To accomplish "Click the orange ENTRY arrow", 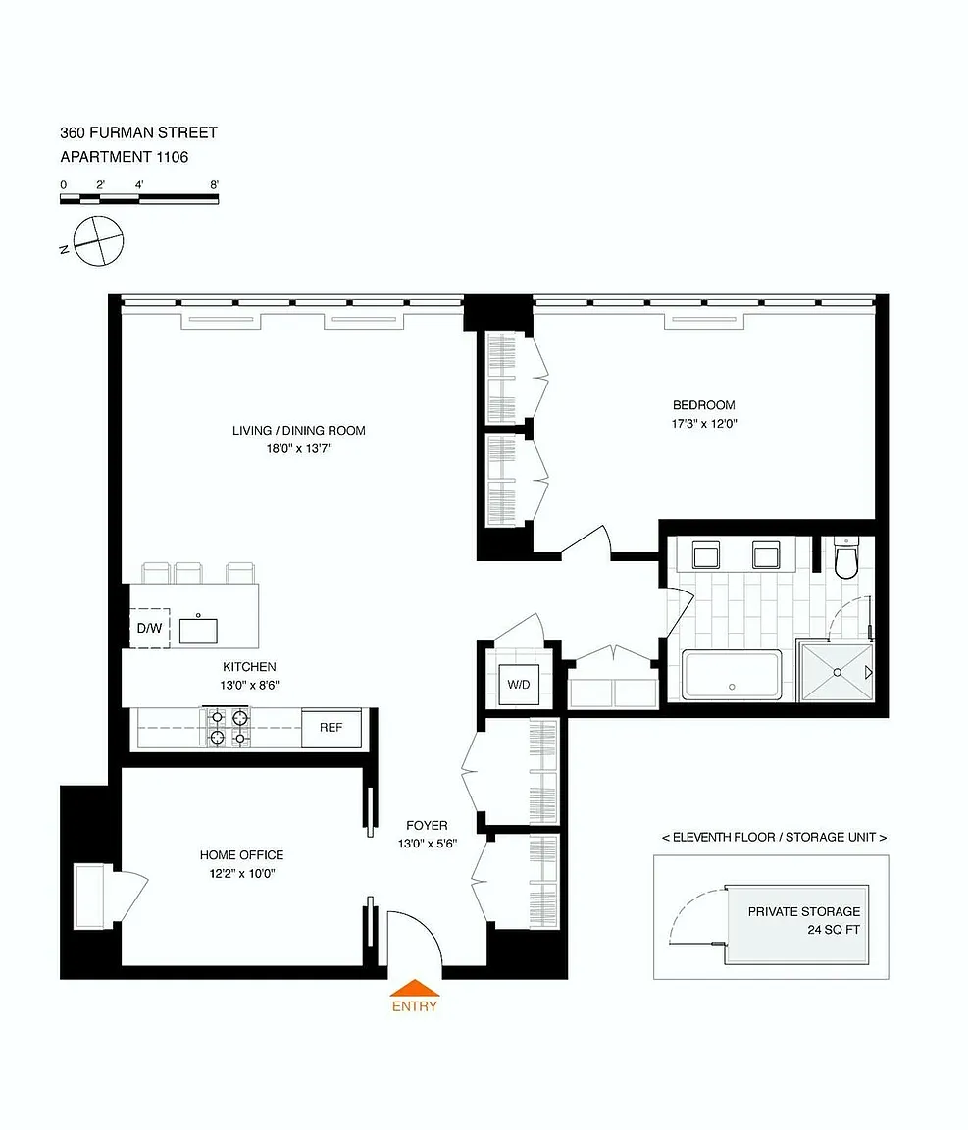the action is [x=415, y=988].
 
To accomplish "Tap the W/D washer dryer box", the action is [x=519, y=685].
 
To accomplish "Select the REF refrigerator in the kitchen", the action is [x=331, y=728].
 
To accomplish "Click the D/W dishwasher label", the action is [x=150, y=629].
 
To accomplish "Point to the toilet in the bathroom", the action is [x=845, y=557].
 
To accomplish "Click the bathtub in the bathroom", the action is [x=732, y=675].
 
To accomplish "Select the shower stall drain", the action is [x=838, y=672].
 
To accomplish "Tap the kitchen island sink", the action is [x=198, y=631].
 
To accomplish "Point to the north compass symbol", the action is [x=99, y=240].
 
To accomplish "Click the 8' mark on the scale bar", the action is [x=214, y=185].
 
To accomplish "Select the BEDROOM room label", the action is [x=704, y=405].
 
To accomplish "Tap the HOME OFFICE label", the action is [x=241, y=855].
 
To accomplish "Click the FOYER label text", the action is [x=427, y=826].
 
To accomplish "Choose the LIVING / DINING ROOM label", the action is [x=298, y=431].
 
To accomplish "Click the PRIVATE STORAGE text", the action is [x=803, y=911].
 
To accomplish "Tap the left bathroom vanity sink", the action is [x=705, y=555].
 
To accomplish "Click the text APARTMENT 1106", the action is [x=124, y=157].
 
